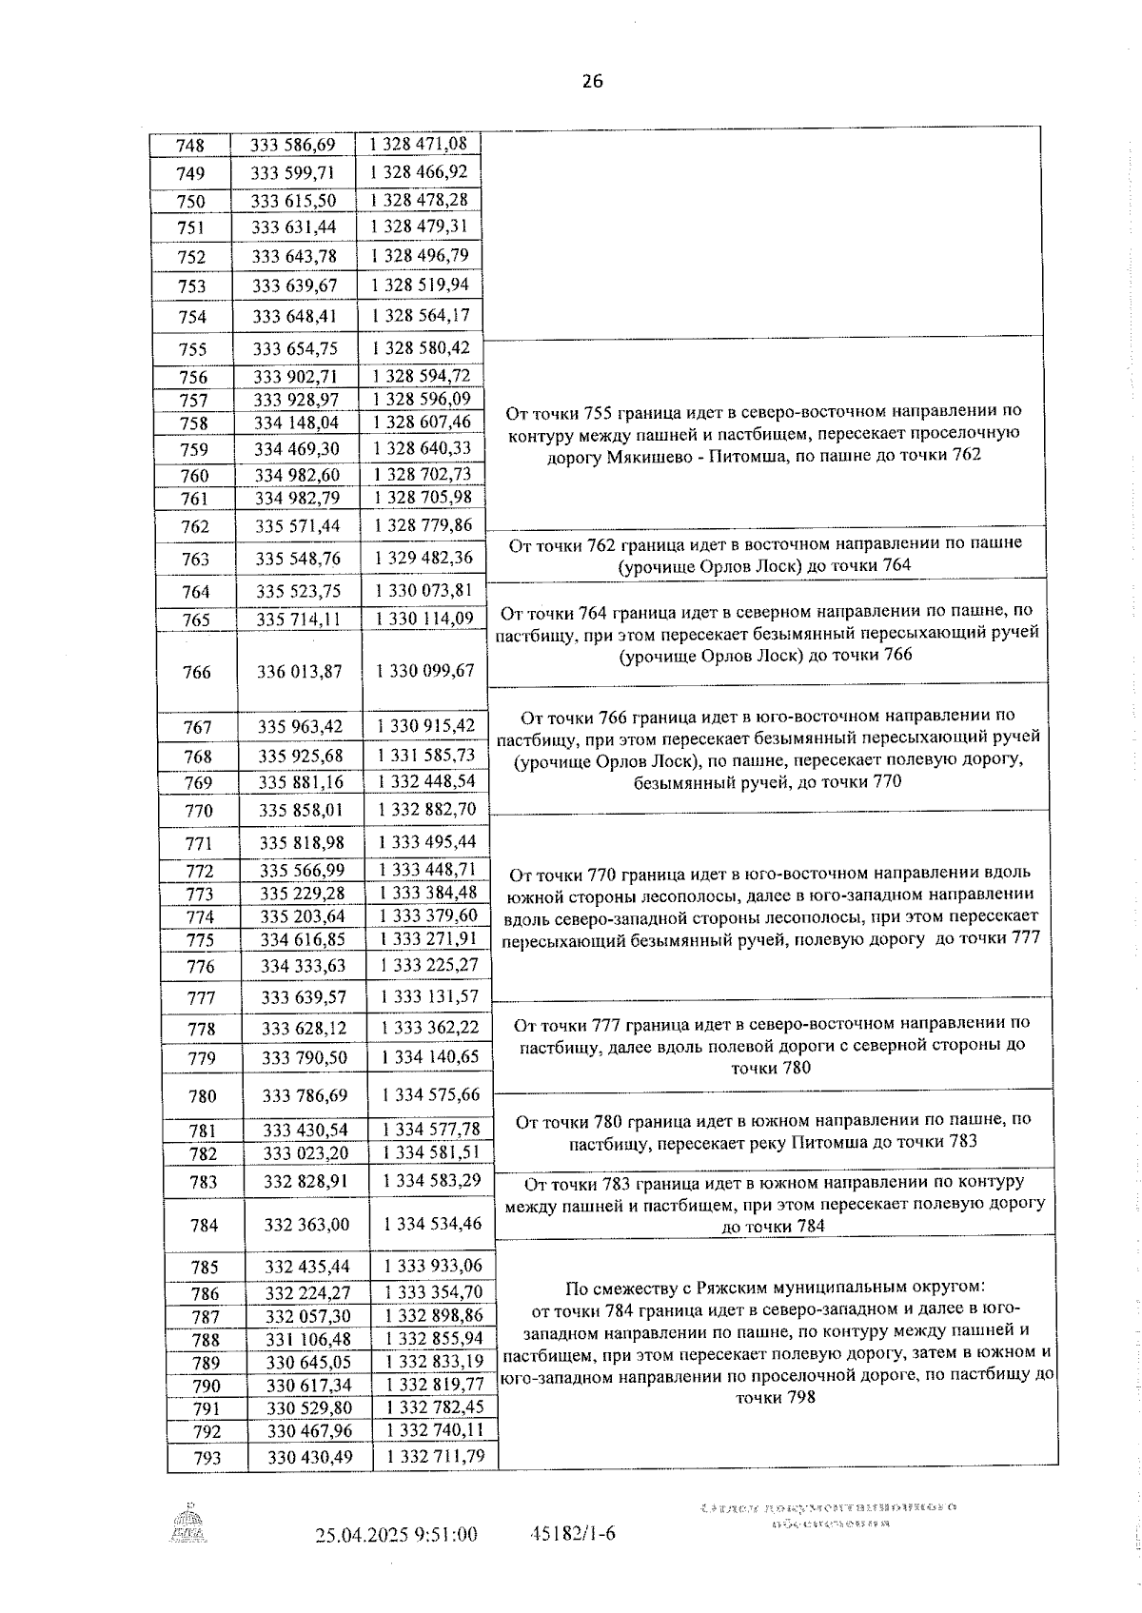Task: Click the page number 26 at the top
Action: (x=592, y=82)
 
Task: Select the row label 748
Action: (x=190, y=146)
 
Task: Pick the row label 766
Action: (x=196, y=672)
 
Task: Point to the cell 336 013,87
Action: (x=299, y=672)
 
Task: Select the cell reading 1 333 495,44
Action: (x=427, y=842)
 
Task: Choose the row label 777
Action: (x=201, y=997)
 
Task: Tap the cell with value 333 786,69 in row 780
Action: (x=305, y=1095)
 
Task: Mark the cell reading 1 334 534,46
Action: (x=433, y=1224)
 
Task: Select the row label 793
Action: (x=207, y=1458)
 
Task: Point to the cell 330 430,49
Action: (x=309, y=1457)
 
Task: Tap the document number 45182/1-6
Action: (x=572, y=1534)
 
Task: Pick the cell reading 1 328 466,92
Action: (x=419, y=172)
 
